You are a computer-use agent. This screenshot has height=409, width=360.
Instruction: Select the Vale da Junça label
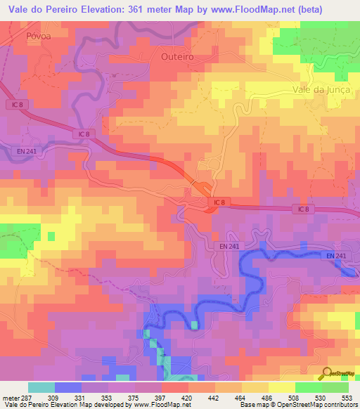click(x=320, y=89)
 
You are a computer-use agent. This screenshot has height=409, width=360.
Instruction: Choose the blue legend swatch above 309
click(x=67, y=387)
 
